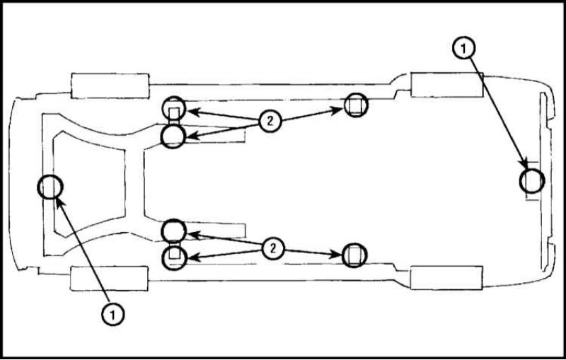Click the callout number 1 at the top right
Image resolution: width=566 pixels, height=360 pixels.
pos(464,47)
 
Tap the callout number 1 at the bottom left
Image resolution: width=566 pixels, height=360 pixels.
pos(113,314)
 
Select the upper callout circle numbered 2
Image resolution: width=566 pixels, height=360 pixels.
pos(270,121)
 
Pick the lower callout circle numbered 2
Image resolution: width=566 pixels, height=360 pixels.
pos(273,248)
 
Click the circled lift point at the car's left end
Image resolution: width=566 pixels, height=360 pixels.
pos(38,187)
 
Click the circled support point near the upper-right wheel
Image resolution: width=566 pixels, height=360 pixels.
pos(356,93)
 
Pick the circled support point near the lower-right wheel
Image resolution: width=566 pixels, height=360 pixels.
pos(354,243)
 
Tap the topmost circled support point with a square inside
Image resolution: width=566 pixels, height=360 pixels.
pos(174,97)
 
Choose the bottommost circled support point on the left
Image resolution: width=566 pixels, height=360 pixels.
pos(175,269)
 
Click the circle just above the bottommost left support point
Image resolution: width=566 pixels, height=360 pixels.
pos(173,219)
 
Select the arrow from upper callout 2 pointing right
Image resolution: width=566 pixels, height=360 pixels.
pos(311,115)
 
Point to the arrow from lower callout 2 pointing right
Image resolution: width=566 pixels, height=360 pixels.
pos(313,252)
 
